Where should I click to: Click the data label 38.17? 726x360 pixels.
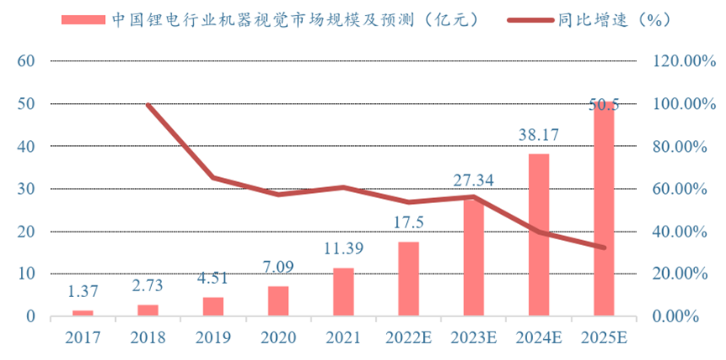[x=538, y=134]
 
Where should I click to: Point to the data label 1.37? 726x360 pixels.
[x=83, y=291]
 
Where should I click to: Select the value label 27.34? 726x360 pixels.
[x=473, y=180]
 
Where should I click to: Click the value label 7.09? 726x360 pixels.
[x=278, y=267]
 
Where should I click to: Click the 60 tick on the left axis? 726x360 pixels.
[x=25, y=61]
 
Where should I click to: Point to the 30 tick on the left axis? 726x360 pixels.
[x=25, y=189]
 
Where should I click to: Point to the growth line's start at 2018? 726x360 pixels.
[x=148, y=104]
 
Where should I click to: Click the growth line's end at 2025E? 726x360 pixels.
[x=603, y=248]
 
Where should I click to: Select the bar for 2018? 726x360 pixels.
[x=148, y=310]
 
